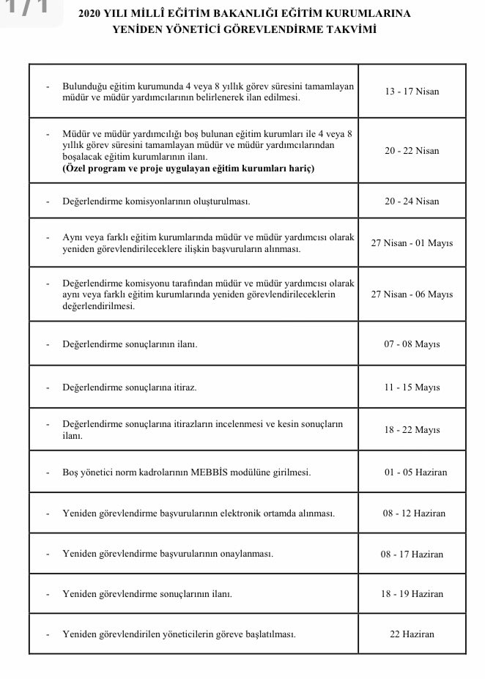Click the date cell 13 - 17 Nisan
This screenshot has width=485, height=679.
coord(411,92)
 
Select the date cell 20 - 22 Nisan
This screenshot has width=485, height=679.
coord(411,151)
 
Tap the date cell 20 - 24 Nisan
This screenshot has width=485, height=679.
coord(411,201)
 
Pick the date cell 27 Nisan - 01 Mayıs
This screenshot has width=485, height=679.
coord(412,242)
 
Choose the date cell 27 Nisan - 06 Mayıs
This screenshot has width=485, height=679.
coord(412,294)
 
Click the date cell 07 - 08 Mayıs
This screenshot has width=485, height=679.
coord(411,344)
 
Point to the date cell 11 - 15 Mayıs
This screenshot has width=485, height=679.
coord(411,387)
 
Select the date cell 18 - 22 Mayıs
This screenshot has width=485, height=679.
coord(411,430)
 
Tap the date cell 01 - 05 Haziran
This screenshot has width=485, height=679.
coord(412,472)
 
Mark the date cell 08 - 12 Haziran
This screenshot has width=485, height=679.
coord(412,513)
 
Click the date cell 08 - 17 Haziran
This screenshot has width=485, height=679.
coord(412,554)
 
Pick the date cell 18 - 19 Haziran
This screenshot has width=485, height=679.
coord(412,593)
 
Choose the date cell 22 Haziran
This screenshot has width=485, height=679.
coord(412,634)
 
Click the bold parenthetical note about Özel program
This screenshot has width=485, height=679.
coord(188,168)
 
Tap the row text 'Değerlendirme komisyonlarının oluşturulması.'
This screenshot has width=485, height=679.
coord(156,201)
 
